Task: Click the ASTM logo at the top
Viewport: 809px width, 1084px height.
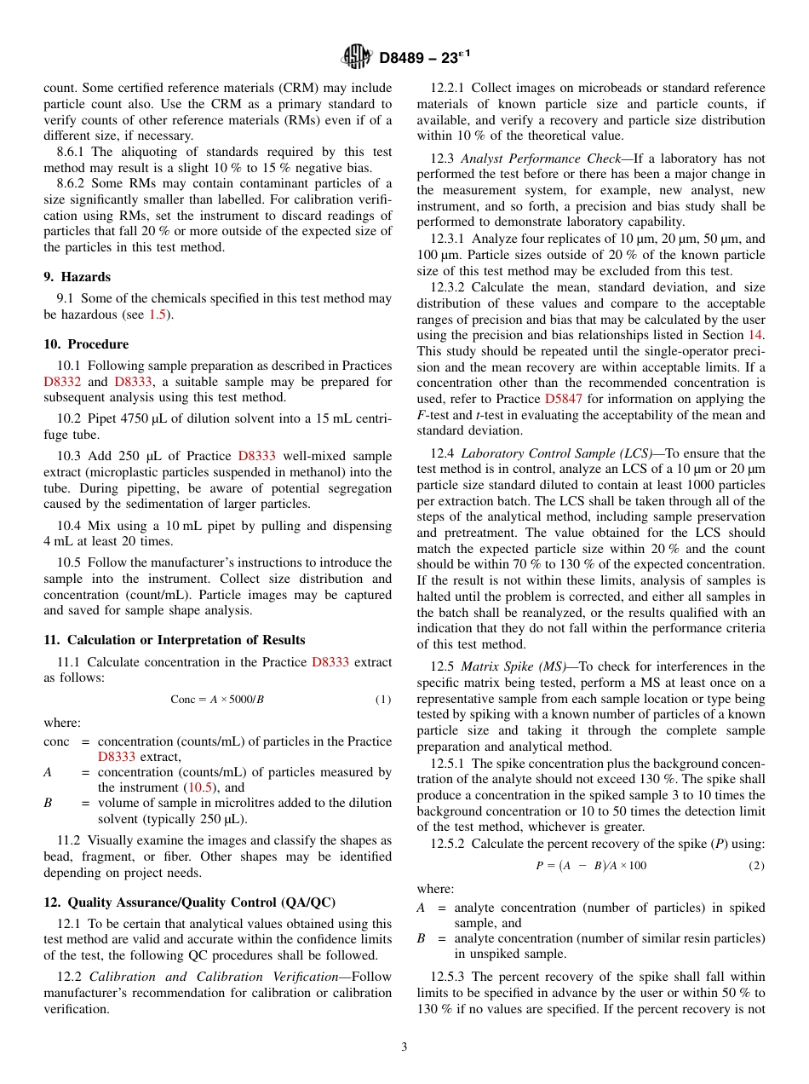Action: (x=356, y=57)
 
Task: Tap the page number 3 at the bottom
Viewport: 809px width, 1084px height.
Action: (x=404, y=1047)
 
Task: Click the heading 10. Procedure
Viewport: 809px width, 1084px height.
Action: (x=86, y=344)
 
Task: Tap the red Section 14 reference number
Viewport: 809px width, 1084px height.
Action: (x=755, y=336)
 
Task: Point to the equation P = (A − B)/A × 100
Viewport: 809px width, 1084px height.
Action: (x=590, y=866)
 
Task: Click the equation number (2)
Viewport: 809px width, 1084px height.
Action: (x=756, y=866)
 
